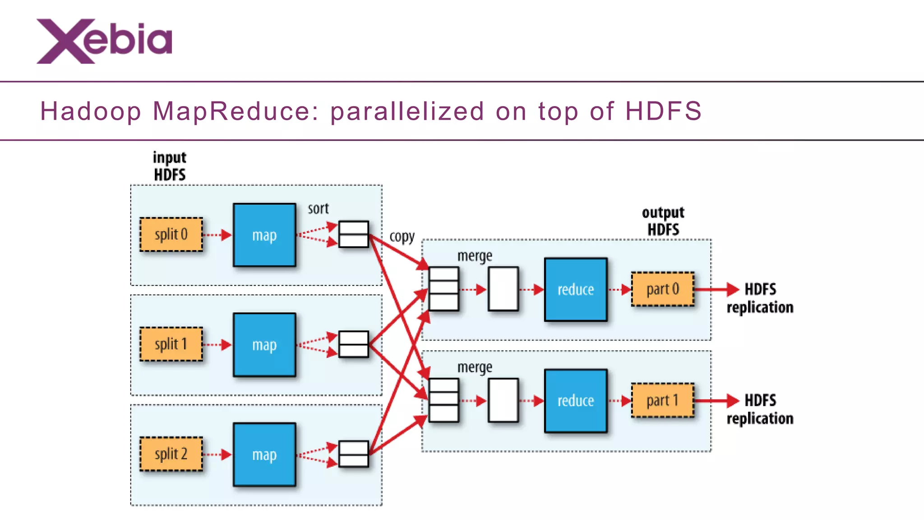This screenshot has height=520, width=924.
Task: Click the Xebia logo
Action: pyautogui.click(x=104, y=41)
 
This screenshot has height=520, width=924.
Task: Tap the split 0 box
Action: pyautogui.click(x=171, y=235)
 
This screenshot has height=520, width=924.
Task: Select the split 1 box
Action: pyautogui.click(x=171, y=344)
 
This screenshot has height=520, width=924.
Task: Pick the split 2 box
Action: pyautogui.click(x=171, y=454)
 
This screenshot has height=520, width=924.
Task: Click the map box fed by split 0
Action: pyautogui.click(x=264, y=235)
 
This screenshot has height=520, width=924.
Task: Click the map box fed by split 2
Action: pyautogui.click(x=264, y=455)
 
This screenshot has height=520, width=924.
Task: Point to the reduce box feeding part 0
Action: pyautogui.click(x=576, y=289)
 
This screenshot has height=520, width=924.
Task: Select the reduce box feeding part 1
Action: pyautogui.click(x=576, y=401)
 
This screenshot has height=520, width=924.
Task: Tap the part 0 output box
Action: pyautogui.click(x=662, y=289)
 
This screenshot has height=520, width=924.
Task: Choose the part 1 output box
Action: pyautogui.click(x=662, y=400)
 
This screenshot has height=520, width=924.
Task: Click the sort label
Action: pyautogui.click(x=318, y=209)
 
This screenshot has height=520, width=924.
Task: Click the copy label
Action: pyautogui.click(x=402, y=237)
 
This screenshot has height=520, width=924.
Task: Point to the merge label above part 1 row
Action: pyautogui.click(x=475, y=367)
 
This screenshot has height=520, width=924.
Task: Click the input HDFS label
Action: pyautogui.click(x=170, y=166)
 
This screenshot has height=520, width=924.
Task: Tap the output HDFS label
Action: pyautogui.click(x=663, y=221)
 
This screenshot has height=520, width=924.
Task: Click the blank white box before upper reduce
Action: pyautogui.click(x=503, y=289)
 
